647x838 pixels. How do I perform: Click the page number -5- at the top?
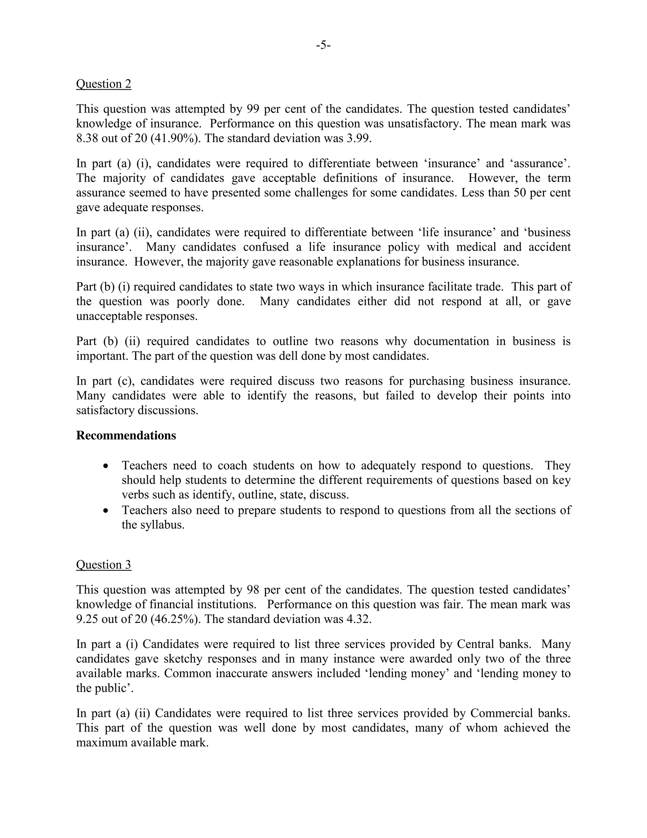(x=323, y=45)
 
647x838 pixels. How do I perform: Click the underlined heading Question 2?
(x=104, y=84)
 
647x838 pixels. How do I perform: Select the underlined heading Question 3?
(x=104, y=564)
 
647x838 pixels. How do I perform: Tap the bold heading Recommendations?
(x=126, y=435)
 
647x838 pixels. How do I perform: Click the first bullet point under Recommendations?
(x=106, y=466)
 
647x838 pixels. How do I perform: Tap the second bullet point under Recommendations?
(x=106, y=511)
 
